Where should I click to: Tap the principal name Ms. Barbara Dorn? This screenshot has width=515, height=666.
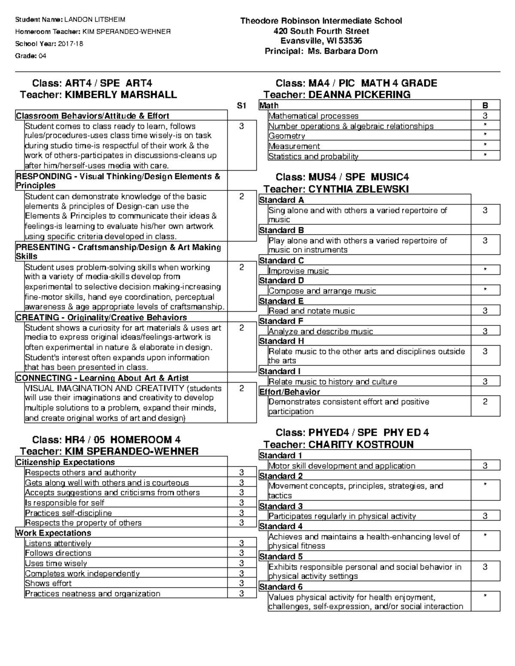tap(342, 51)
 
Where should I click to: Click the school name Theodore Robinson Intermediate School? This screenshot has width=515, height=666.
tap(321, 21)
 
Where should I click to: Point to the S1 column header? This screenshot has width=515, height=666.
tap(242, 105)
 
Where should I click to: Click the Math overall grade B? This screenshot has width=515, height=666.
tap(485, 105)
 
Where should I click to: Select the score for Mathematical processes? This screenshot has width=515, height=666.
tap(485, 116)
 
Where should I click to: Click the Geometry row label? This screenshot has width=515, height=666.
tap(287, 136)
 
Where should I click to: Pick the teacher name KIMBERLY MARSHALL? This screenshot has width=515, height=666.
tap(121, 95)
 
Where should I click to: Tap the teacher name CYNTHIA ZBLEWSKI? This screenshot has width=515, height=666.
tap(358, 189)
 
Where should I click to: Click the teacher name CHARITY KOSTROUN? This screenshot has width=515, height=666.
tap(361, 445)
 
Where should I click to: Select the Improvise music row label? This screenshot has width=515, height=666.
tap(298, 271)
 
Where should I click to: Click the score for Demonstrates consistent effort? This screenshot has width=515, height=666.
tap(485, 402)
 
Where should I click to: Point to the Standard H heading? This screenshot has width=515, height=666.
tap(282, 341)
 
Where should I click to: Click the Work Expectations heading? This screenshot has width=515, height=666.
tap(54, 533)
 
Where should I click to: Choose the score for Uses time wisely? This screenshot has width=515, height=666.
tap(242, 564)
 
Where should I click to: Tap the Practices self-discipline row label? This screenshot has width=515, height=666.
tap(68, 513)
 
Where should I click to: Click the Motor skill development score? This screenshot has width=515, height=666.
tap(485, 466)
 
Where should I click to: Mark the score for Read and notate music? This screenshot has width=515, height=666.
tap(485, 311)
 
